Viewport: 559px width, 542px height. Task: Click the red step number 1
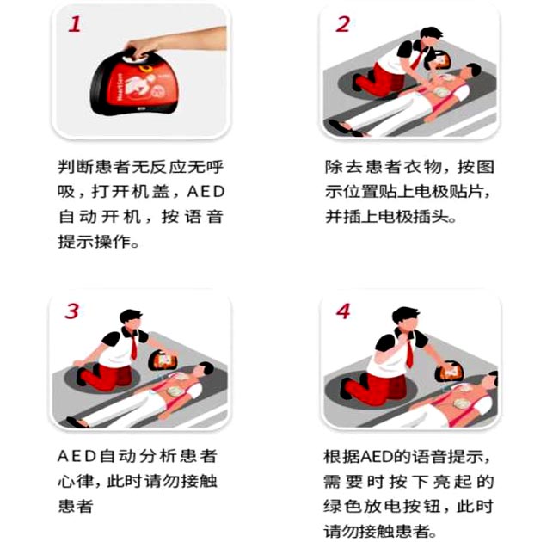75,24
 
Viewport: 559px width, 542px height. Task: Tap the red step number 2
342,24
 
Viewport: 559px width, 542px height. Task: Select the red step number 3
72,311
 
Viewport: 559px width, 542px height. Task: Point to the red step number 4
343,311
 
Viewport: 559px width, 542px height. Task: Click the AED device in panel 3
163,360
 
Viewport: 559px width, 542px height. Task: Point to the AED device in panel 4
450,371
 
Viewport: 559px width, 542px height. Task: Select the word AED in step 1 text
206,192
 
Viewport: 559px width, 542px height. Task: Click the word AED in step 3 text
77,456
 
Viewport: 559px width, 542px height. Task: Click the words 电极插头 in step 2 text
415,217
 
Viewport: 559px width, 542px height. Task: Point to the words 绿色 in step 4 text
341,507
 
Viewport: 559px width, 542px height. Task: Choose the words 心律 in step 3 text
76,482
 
